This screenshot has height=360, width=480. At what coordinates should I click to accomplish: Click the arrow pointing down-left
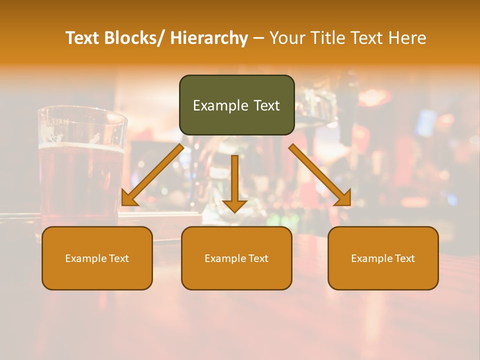pos(152,175)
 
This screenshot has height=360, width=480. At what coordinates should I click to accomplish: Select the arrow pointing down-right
pos(320,175)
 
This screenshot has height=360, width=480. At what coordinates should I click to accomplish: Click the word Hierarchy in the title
pos(209,38)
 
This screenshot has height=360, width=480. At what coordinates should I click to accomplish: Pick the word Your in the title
pos(286,38)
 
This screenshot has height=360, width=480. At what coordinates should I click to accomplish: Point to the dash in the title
pos(258,38)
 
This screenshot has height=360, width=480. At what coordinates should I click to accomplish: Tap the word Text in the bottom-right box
pos(404,258)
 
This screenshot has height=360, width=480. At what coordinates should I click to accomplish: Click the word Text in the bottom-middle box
pos(257,258)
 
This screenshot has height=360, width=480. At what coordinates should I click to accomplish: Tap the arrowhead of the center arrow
pos(234,205)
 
